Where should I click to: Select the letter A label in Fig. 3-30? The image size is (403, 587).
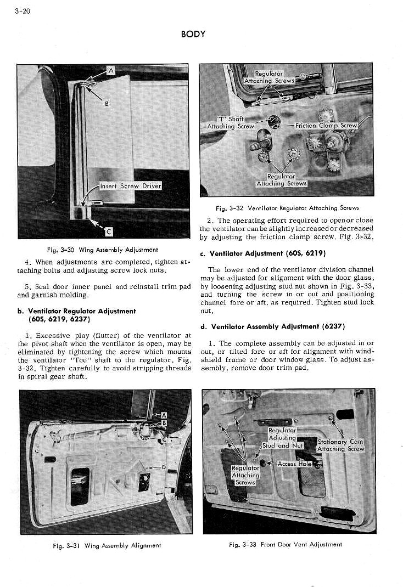110,70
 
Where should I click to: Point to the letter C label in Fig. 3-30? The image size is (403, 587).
108,230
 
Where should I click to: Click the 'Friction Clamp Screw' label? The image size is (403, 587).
326,126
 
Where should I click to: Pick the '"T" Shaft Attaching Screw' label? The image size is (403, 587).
231,122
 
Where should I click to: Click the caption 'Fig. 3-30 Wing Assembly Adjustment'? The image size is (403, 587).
103,250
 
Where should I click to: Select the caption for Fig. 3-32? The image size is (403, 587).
287,208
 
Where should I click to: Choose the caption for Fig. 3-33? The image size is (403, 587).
286,545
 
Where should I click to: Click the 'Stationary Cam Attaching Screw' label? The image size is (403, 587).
340,445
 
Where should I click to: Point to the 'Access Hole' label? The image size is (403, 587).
294,464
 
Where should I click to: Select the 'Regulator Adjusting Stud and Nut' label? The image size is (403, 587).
282,438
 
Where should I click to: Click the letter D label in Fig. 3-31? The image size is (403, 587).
164,467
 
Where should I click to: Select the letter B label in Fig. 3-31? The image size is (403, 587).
163,423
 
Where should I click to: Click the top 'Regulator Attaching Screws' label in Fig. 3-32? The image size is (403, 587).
269,77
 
